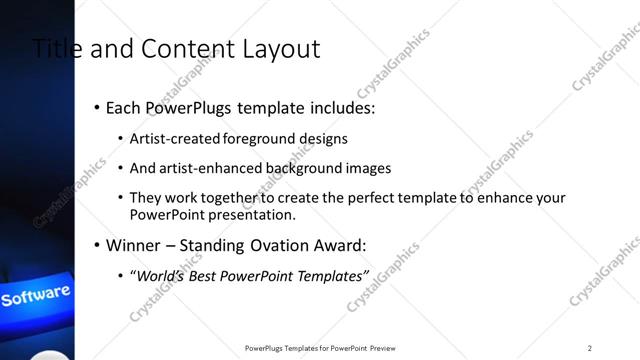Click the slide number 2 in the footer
pos(590,348)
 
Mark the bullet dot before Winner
pos(96,245)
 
